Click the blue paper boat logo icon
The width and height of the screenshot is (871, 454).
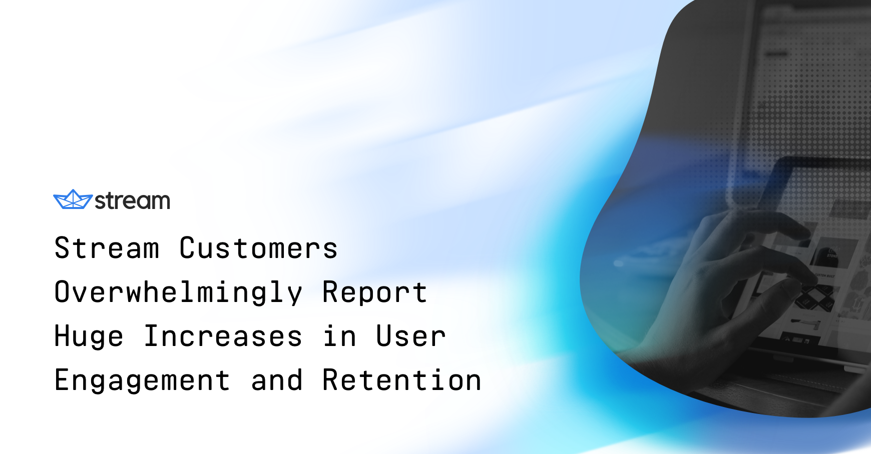[73, 199]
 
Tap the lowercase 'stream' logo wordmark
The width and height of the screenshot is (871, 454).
[133, 201]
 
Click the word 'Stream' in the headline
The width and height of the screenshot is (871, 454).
[107, 248]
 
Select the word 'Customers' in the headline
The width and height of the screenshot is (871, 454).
[258, 248]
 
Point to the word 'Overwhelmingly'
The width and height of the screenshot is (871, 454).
[178, 292]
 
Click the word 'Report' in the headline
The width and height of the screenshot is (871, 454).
[374, 292]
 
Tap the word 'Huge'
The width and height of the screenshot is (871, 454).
[89, 336]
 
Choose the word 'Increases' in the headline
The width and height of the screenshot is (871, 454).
[223, 336]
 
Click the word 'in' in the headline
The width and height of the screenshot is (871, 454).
[340, 336]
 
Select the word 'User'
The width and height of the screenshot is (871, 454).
[410, 336]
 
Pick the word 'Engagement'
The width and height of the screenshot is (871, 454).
[142, 380]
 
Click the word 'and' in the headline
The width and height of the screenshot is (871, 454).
[277, 380]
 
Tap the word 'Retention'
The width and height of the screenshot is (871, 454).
[402, 380]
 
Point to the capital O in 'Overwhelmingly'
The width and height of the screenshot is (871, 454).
[62, 292]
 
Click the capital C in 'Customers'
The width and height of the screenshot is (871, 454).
[187, 248]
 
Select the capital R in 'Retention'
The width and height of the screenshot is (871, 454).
[330, 380]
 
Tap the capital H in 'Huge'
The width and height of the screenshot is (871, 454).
[62, 336]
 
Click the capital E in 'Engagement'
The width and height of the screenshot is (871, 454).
[62, 380]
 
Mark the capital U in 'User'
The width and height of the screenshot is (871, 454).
[384, 336]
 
